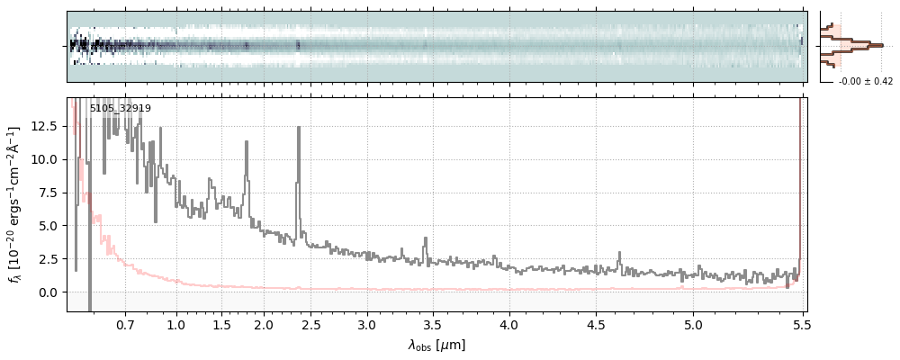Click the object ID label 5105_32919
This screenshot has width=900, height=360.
click(x=120, y=108)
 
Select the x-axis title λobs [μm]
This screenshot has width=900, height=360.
click(x=436, y=345)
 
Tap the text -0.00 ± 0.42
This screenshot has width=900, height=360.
click(x=865, y=82)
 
